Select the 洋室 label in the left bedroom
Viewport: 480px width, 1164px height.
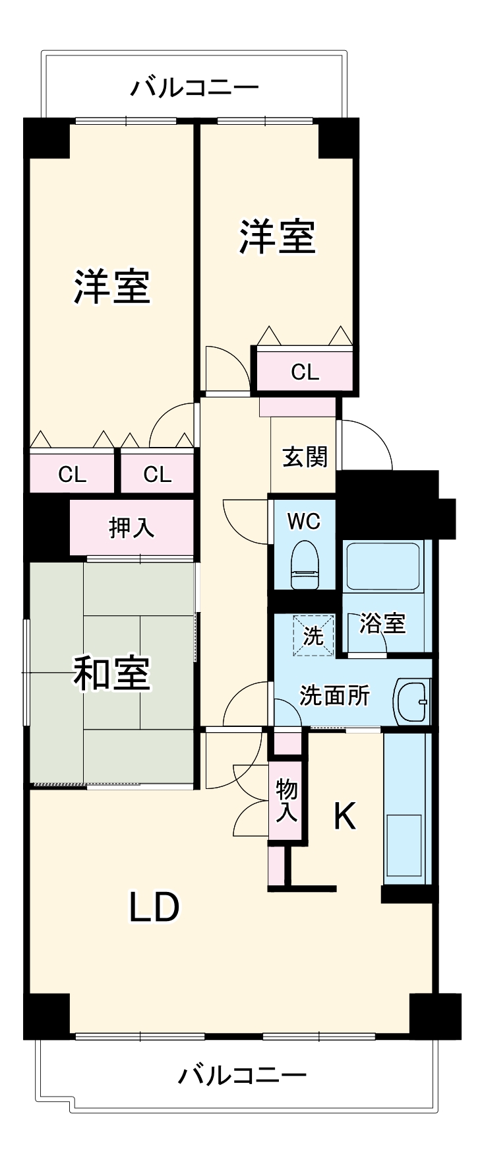(x=112, y=287)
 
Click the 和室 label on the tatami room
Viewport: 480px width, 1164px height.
(x=112, y=673)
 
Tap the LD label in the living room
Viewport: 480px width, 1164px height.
(x=153, y=907)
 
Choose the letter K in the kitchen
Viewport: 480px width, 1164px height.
(x=344, y=816)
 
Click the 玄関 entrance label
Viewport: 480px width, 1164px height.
(x=305, y=457)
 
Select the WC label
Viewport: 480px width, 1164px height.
(x=304, y=522)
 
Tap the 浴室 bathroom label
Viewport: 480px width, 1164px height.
(x=382, y=623)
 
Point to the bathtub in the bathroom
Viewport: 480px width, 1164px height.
(x=383, y=565)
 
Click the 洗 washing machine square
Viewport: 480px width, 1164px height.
(x=313, y=636)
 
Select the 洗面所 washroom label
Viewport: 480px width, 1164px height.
(x=335, y=696)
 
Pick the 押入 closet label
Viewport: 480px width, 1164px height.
(x=132, y=528)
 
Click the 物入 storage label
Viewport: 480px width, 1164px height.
(x=287, y=800)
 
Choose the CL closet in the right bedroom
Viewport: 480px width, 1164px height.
(x=305, y=372)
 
